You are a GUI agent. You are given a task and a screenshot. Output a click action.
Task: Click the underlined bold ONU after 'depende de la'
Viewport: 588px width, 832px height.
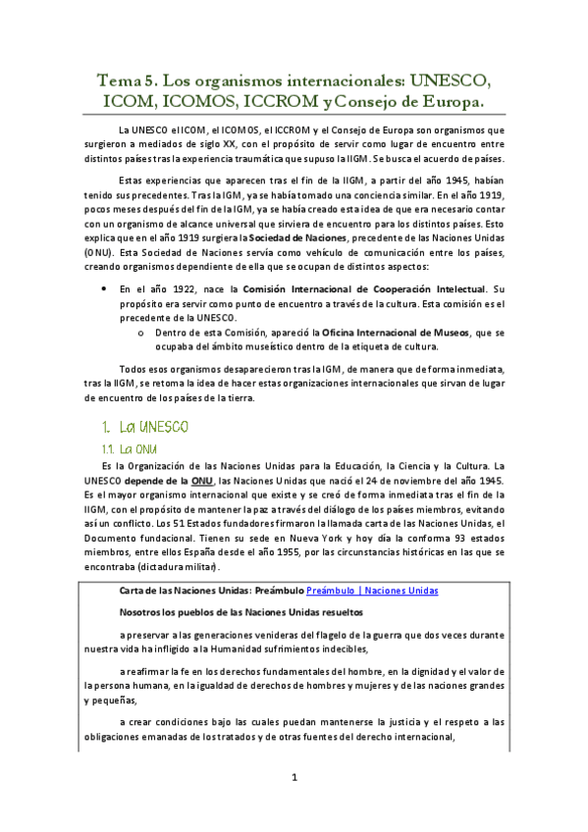(201, 481)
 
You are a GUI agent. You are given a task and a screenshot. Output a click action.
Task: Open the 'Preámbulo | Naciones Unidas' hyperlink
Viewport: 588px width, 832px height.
(372, 591)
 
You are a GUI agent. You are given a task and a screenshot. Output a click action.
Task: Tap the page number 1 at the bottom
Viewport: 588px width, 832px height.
(294, 778)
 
